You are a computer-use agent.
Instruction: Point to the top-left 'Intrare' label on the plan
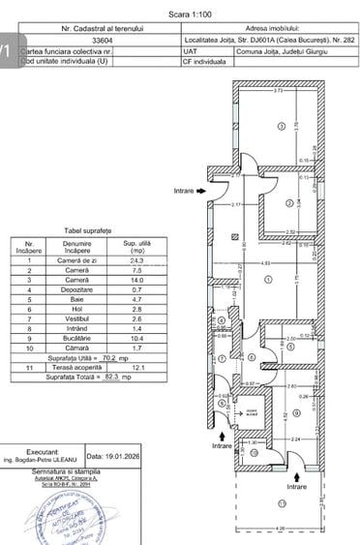(184, 192)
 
